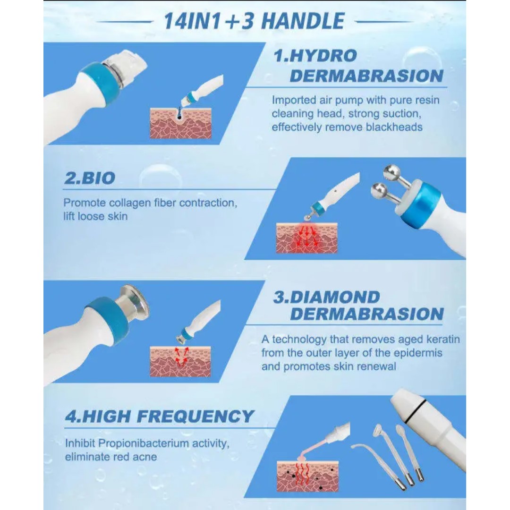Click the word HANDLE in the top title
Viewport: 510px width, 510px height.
pos(303,21)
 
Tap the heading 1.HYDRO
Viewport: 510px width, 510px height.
pos(315,56)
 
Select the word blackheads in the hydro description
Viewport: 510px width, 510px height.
pos(394,127)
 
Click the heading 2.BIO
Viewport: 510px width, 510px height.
pos(89,178)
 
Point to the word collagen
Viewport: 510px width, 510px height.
pos(129,203)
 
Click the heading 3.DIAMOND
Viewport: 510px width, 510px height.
pos(327,297)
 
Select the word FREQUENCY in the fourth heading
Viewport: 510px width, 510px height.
pos(195,416)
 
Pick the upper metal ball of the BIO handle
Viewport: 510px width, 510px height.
pos(391,172)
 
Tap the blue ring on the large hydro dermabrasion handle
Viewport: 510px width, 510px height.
pos(99,83)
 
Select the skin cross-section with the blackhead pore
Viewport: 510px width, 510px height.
pos(180,123)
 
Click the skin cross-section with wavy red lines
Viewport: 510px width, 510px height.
pos(307,476)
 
